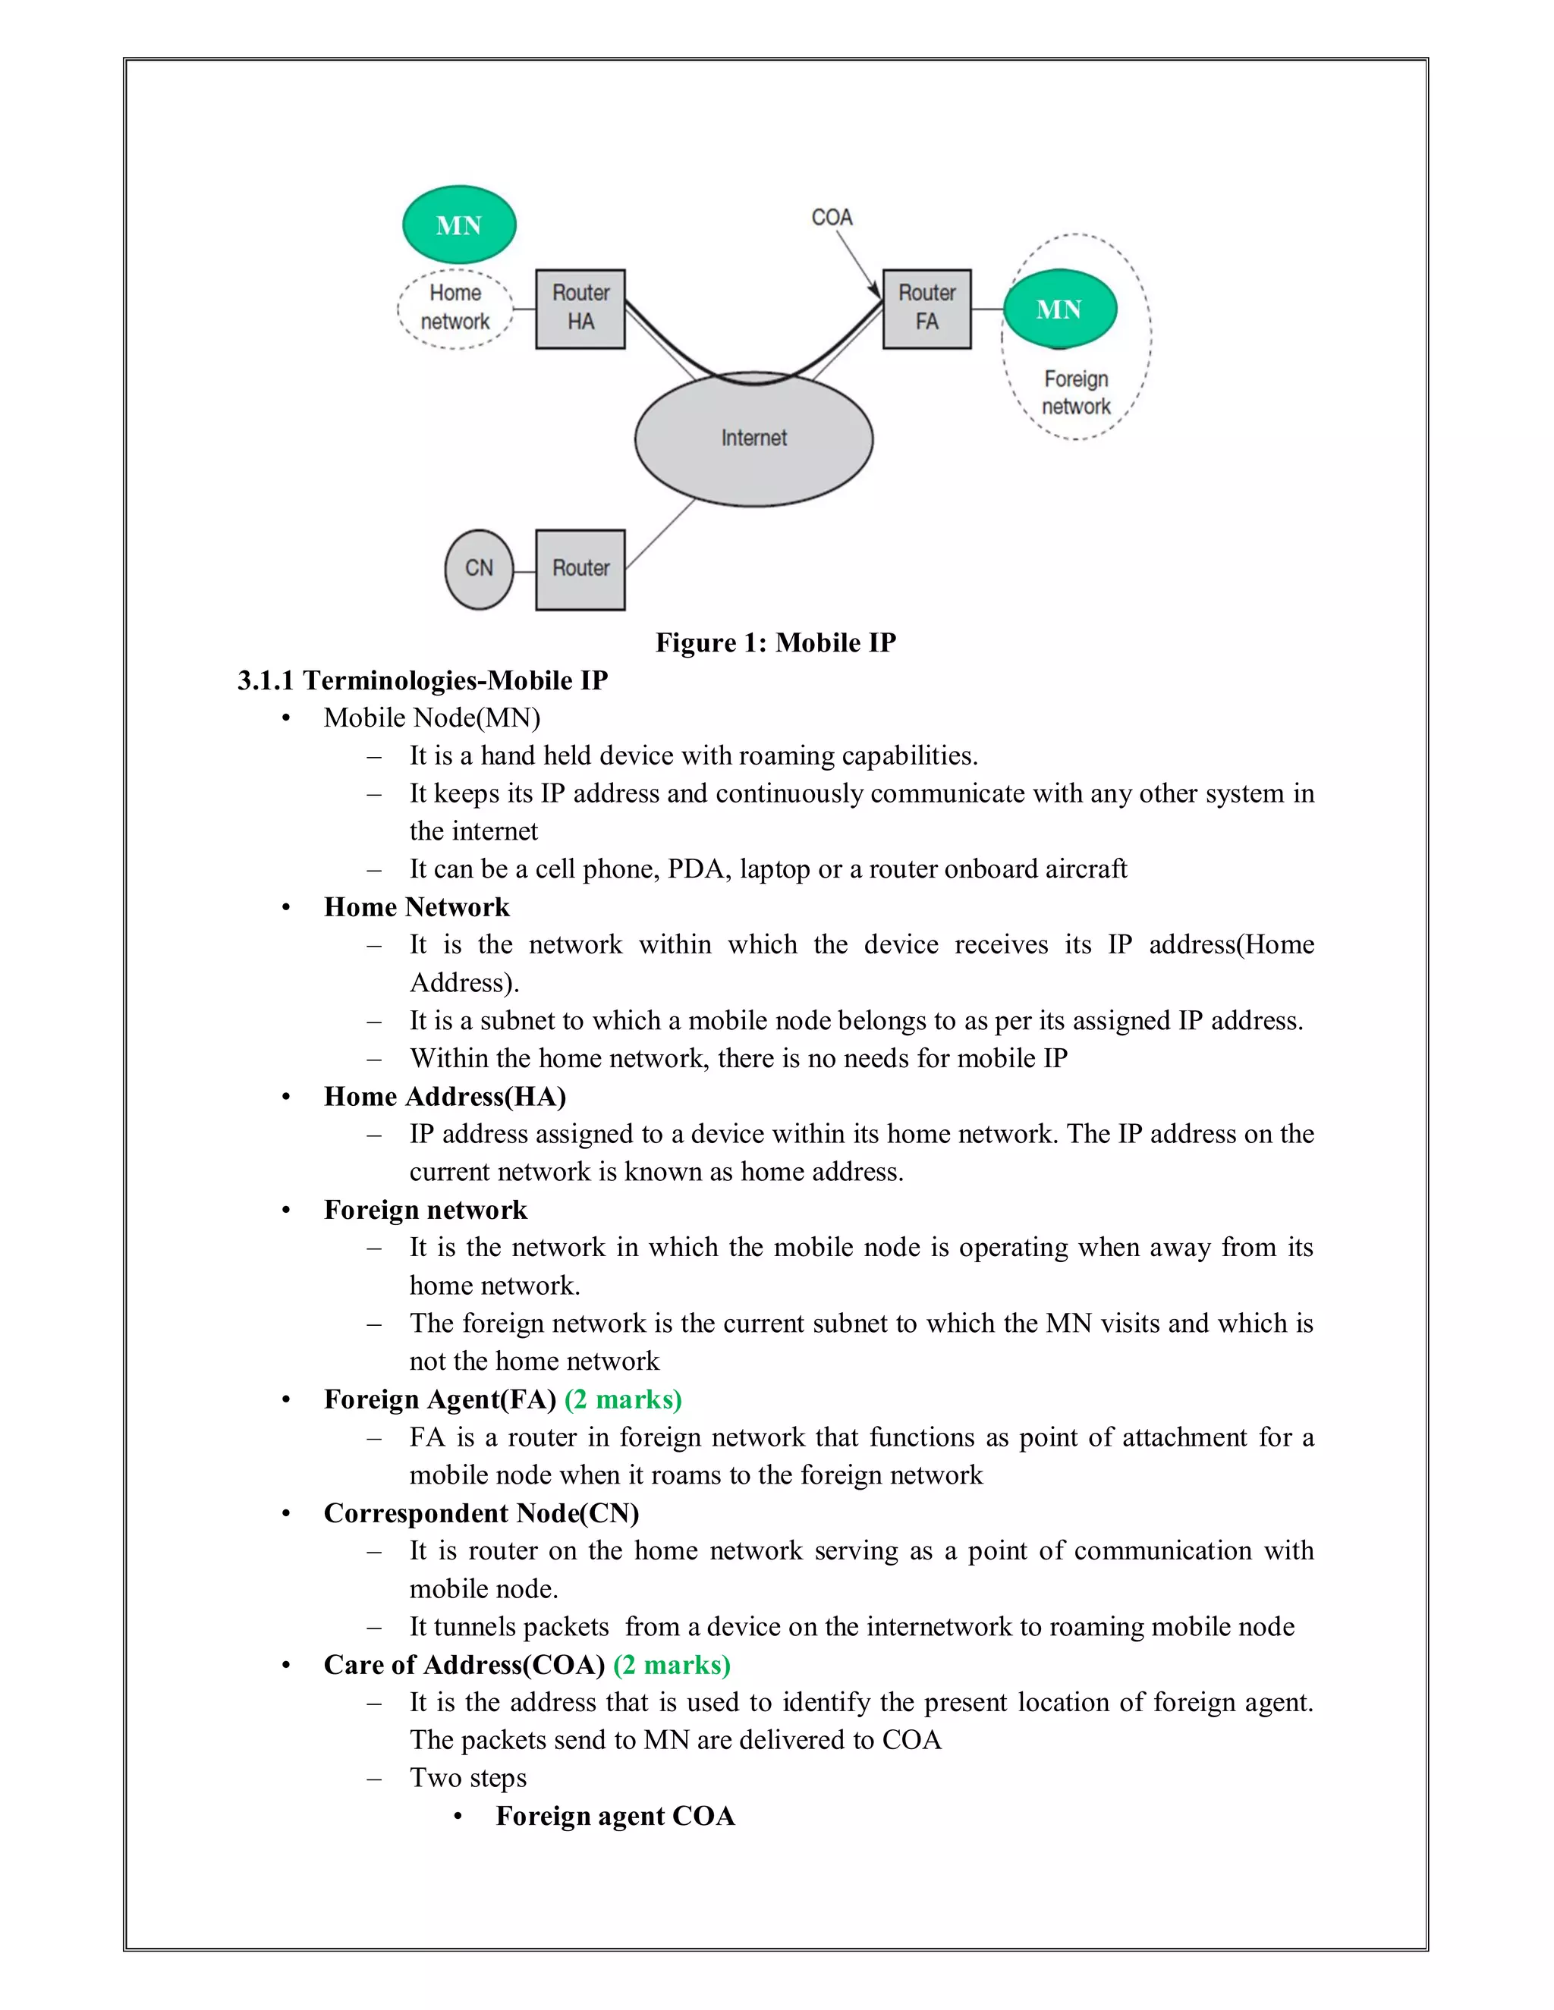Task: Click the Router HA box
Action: (x=580, y=309)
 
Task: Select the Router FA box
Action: (x=926, y=309)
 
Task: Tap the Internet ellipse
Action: (x=753, y=440)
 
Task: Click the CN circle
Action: (x=479, y=569)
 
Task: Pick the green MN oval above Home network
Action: (x=458, y=225)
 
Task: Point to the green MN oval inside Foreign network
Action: (x=1059, y=309)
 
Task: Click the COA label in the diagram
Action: (x=832, y=217)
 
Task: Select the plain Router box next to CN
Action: (x=580, y=569)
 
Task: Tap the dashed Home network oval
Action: (x=455, y=308)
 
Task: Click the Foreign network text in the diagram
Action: (x=1075, y=393)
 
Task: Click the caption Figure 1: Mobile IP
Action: (x=775, y=642)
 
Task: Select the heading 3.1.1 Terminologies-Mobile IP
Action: (x=423, y=680)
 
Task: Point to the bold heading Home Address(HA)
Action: (x=445, y=1096)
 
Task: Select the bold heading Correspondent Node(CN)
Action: (x=480, y=1513)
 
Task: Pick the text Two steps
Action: (x=467, y=1778)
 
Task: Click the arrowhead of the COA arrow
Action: (x=877, y=292)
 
